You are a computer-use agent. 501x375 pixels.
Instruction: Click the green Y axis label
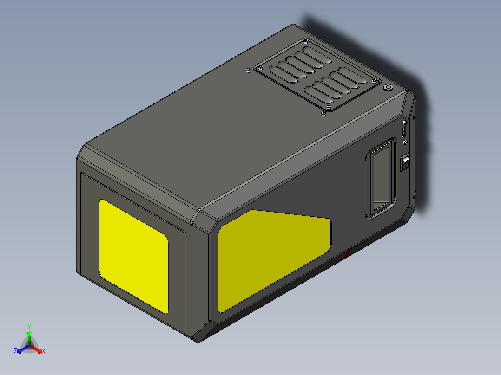tap(29, 326)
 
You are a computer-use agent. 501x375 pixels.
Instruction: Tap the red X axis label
tap(43, 352)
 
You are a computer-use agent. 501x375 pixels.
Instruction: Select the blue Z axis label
tap(15, 352)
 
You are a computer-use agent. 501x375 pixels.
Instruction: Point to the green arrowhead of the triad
tap(29, 334)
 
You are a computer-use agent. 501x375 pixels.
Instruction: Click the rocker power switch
tap(405, 163)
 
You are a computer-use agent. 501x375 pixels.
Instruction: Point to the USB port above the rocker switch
tap(404, 131)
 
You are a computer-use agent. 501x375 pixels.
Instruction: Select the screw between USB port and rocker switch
tap(405, 142)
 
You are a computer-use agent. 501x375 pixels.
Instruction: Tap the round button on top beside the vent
tap(387, 88)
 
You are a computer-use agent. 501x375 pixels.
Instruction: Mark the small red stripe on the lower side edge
tap(347, 253)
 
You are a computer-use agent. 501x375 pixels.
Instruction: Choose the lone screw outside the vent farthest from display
tap(248, 71)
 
